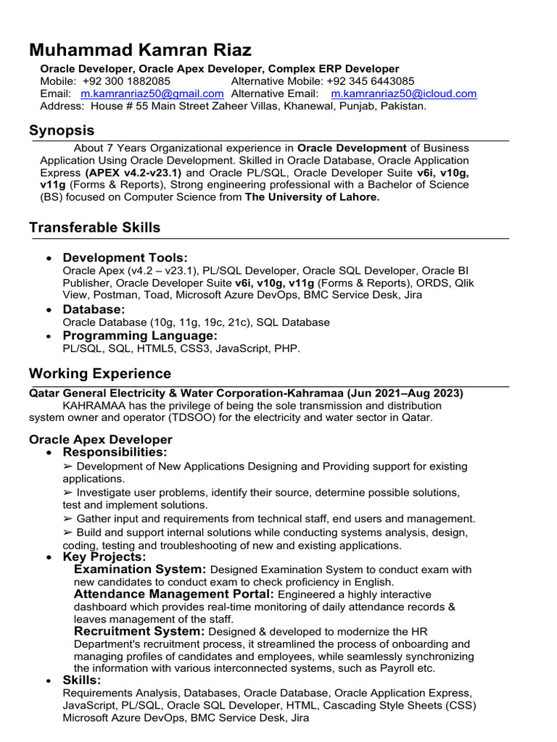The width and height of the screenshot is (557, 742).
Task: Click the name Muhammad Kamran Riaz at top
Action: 140,50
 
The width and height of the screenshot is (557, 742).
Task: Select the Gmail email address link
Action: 152,93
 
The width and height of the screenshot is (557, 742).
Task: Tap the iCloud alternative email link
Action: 403,93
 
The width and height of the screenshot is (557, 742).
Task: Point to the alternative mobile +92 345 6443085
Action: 371,81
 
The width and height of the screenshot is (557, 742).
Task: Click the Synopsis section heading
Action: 62,130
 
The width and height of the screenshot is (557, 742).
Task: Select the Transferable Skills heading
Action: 94,228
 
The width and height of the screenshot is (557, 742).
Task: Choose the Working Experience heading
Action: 100,374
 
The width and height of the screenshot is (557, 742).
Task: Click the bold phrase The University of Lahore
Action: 312,197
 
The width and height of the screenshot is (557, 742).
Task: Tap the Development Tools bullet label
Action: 125,258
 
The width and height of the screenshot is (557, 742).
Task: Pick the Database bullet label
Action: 94,309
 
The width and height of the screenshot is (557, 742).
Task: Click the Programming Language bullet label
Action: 140,335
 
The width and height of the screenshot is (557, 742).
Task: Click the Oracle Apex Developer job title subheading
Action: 100,439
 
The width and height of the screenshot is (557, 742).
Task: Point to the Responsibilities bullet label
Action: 115,452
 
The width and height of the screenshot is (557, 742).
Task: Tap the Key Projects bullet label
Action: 104,556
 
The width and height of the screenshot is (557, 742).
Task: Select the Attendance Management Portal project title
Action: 174,594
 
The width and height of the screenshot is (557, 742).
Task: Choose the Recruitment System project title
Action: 139,631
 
